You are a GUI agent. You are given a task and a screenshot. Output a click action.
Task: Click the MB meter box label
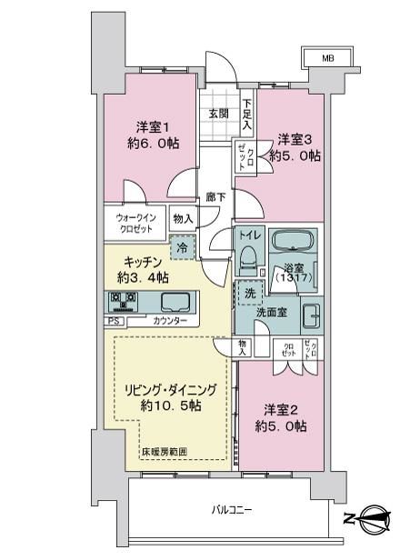point(328,58)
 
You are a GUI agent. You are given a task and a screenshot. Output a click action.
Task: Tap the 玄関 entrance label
point(218,114)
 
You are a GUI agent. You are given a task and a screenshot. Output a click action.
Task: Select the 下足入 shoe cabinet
point(247,114)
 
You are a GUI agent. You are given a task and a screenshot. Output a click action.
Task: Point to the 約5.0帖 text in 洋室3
point(295,156)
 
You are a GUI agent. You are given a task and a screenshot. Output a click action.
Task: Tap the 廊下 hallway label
point(215,196)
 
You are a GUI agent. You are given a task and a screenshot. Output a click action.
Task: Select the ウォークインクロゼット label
point(135,224)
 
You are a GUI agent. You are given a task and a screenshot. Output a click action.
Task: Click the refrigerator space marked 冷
point(183,247)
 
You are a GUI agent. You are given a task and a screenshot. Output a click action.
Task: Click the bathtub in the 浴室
point(294,241)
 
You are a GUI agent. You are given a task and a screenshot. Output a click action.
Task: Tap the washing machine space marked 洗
point(250,293)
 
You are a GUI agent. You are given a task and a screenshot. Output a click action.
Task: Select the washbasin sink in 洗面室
point(312,315)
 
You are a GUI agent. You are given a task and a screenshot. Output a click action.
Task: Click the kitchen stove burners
point(124,301)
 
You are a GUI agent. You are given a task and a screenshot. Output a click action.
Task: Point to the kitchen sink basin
point(175,302)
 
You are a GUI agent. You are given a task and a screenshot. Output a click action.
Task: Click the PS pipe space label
point(114,321)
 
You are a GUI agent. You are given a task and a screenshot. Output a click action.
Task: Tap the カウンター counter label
point(170,321)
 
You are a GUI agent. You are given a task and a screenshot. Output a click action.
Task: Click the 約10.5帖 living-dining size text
point(171,405)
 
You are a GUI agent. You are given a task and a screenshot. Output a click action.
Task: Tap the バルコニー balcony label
point(232,510)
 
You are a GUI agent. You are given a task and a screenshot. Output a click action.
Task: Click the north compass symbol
point(372,517)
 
